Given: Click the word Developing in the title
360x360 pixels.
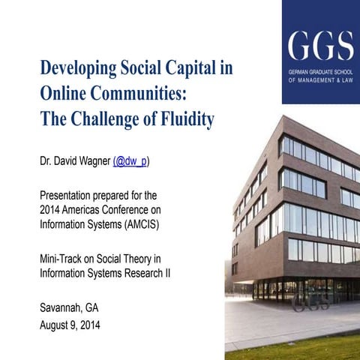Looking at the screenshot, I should pyautogui.click(x=76, y=70).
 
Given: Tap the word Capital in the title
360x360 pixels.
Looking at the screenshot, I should pyautogui.click(x=183, y=70).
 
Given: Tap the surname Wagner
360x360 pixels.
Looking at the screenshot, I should pyautogui.click(x=91, y=161).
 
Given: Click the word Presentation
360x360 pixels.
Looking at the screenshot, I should pyautogui.click(x=69, y=196).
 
